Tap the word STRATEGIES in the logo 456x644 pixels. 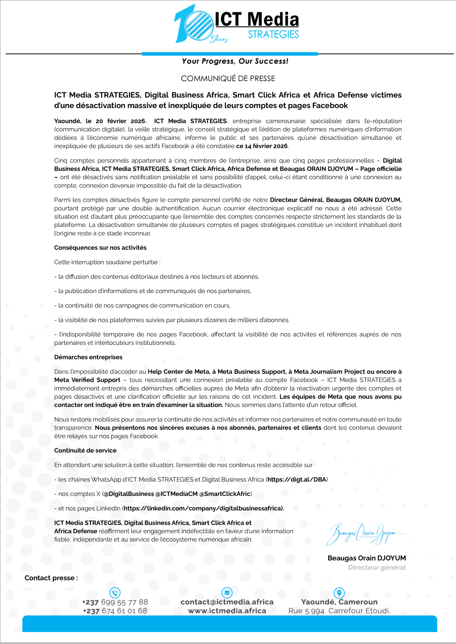tap(273, 34)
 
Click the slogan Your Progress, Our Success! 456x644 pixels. tap(235, 61)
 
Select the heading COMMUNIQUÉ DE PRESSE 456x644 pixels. tap(228, 78)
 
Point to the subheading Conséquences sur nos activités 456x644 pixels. tap(100, 248)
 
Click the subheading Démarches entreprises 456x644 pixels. tap(88, 357)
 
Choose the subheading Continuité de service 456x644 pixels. tap(85, 450)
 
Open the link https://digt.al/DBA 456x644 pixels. tap(297, 479)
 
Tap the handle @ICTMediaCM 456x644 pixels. tap(177, 494)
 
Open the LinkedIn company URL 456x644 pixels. tap(204, 508)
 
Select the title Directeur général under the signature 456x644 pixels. tap(377, 567)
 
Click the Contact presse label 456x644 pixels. tap(51, 578)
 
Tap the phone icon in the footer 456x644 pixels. tap(115, 593)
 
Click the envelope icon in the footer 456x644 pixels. tap(227, 593)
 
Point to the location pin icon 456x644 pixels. tap(339, 593)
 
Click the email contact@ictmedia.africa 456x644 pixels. tap(227, 602)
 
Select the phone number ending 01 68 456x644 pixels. tap(115, 611)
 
